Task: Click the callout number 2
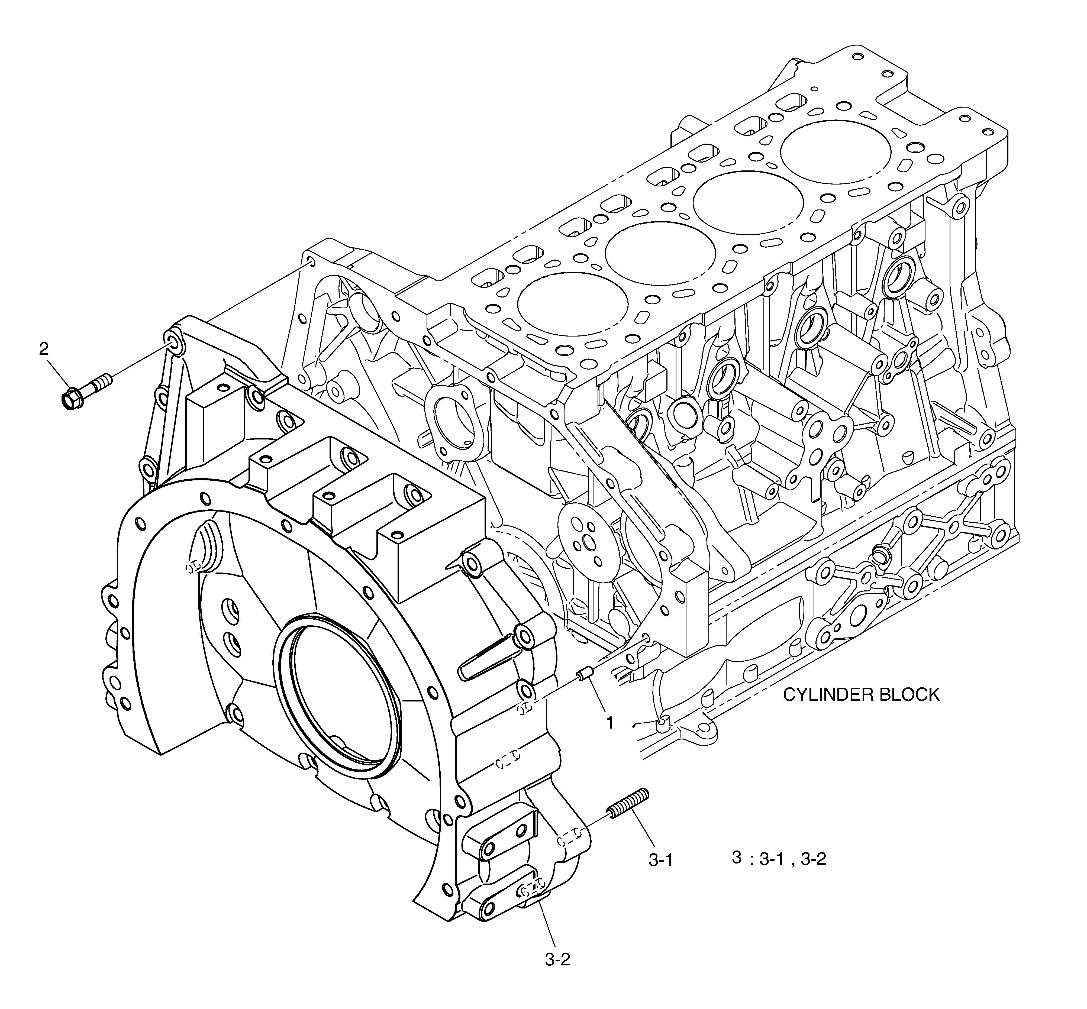pyautogui.click(x=44, y=348)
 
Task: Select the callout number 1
pyautogui.click(x=610, y=723)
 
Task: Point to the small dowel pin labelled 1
pyautogui.click(x=586, y=675)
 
